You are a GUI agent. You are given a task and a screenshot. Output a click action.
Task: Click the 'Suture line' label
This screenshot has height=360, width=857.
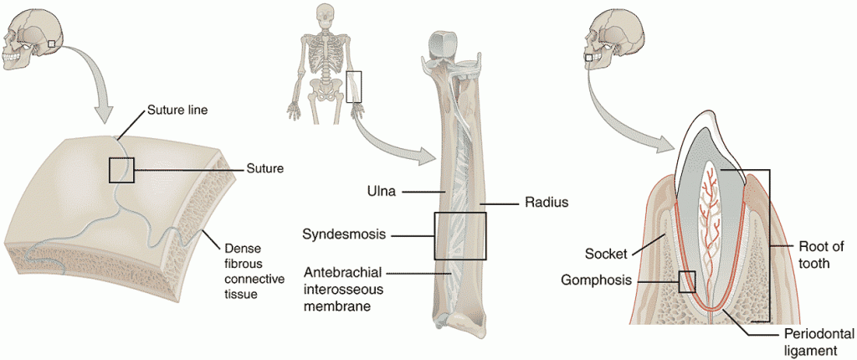(x=177, y=109)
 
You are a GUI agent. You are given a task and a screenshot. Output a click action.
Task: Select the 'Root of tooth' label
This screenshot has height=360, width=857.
(x=821, y=254)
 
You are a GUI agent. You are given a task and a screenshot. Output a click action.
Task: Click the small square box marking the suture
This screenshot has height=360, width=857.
(x=121, y=170)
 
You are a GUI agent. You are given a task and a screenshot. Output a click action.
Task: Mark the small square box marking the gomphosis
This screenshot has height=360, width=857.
(x=687, y=281)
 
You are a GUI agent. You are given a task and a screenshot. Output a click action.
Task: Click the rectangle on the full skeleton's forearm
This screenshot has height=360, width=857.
(x=355, y=86)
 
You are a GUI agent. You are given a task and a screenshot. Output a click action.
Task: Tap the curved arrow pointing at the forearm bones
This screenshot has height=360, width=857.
(x=393, y=142)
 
